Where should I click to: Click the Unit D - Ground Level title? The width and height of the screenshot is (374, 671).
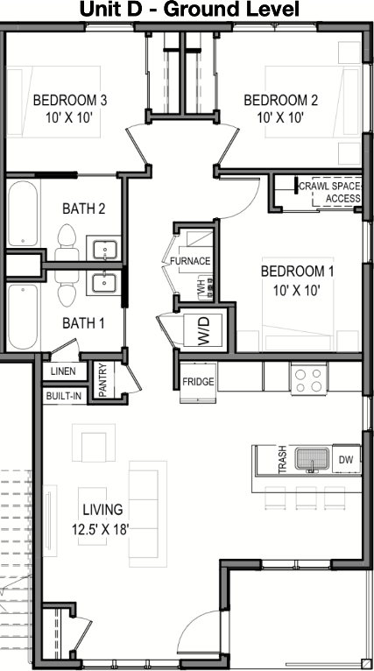[189, 10]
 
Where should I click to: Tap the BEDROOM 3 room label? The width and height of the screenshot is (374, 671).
[70, 101]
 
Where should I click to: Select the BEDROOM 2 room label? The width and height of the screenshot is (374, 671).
[280, 101]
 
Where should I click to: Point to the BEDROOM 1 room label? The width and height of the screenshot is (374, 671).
[298, 272]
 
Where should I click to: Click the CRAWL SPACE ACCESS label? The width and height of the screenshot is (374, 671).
[330, 192]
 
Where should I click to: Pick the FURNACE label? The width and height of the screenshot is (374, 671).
[190, 261]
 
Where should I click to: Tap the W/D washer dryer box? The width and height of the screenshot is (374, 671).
[203, 330]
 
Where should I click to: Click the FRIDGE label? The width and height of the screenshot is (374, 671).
[198, 382]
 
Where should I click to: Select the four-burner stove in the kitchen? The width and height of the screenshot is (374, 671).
[308, 379]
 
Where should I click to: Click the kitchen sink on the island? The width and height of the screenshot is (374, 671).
[313, 460]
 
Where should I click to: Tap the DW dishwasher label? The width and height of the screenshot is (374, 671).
[346, 460]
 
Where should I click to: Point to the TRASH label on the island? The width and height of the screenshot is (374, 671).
[282, 460]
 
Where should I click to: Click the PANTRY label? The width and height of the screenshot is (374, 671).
[102, 380]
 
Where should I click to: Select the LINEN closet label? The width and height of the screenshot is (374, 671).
[63, 371]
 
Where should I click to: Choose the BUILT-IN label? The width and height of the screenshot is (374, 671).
[64, 396]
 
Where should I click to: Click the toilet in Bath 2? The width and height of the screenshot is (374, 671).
[67, 243]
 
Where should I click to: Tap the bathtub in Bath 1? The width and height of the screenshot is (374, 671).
[23, 317]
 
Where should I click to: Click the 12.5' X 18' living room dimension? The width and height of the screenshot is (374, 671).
[101, 530]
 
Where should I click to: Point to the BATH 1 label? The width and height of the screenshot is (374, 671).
[83, 323]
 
